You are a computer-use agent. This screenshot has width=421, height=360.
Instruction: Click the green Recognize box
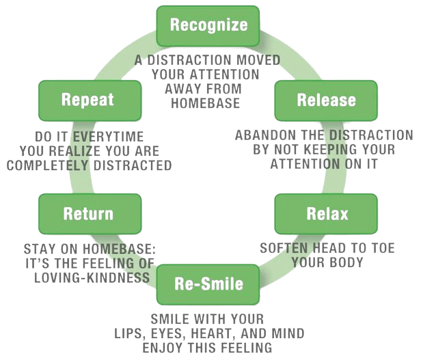pos(208,26)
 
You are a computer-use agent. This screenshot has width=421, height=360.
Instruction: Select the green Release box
pos(326,100)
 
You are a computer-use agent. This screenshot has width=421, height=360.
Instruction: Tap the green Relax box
pos(326,214)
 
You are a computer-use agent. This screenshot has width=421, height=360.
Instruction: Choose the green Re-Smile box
pos(208,284)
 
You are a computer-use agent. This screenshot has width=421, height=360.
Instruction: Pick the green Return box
pos(90,214)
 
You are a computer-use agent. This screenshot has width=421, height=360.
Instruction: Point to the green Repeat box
pos(90,100)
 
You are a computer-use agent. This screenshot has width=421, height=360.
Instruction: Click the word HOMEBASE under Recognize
pos(206,103)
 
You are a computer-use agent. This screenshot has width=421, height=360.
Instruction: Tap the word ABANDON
pos(259,135)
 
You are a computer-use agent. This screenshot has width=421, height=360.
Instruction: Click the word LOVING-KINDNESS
pos(92,277)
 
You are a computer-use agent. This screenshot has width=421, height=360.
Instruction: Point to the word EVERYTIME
pos(108,137)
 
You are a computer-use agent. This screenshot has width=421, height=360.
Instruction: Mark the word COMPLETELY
pos(48,165)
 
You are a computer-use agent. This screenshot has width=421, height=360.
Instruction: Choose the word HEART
pos(214,333)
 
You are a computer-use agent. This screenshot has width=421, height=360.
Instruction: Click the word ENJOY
pos(163,348)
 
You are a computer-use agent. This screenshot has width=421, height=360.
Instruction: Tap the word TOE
pos(383,249)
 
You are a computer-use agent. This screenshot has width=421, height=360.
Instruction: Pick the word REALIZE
pos(75,151)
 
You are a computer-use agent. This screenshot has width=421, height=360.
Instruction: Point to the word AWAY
pos(180,89)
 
